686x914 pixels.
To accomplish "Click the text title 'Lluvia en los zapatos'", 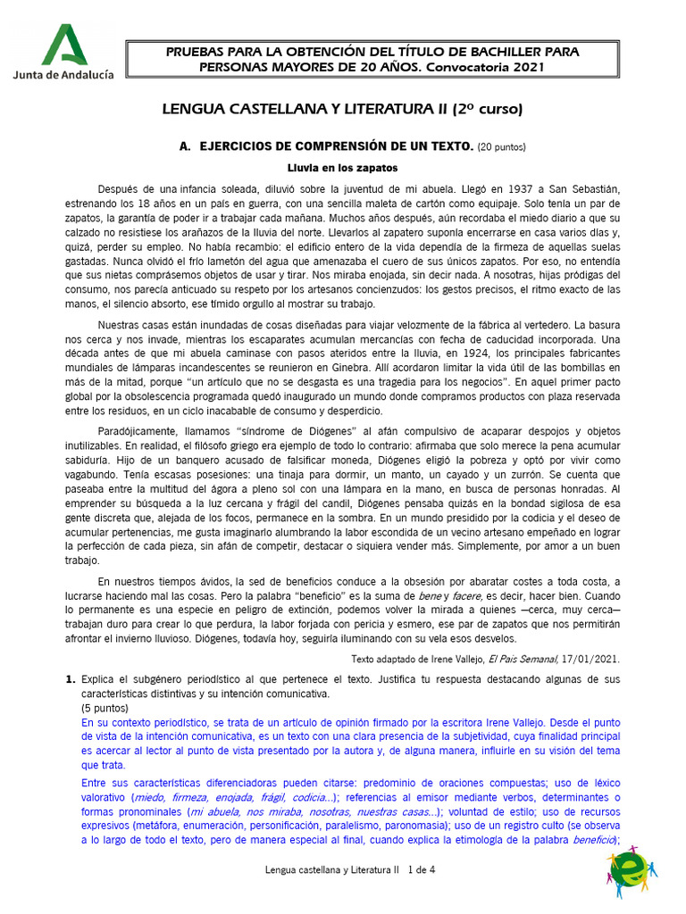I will pos(342,167).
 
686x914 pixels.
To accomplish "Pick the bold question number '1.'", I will pos(71,680).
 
